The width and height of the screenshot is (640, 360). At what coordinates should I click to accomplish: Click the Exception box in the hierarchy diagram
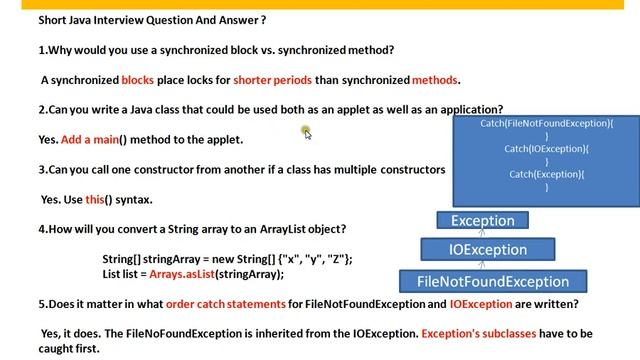pyautogui.click(x=483, y=221)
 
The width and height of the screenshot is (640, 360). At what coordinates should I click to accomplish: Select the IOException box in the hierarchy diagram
pyautogui.click(x=488, y=250)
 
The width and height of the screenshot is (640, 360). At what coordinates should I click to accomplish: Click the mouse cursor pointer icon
pyautogui.click(x=307, y=133)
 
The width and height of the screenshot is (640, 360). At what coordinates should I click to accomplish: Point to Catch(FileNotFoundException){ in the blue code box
pyautogui.click(x=546, y=123)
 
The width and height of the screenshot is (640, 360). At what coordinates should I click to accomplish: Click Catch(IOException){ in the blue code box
pyautogui.click(x=546, y=149)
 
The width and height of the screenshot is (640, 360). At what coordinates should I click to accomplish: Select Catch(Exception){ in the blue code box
pyautogui.click(x=546, y=175)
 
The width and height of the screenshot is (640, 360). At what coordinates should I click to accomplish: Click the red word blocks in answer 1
pyautogui.click(x=138, y=80)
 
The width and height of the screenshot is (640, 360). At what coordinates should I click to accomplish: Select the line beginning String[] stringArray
pyautogui.click(x=227, y=259)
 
